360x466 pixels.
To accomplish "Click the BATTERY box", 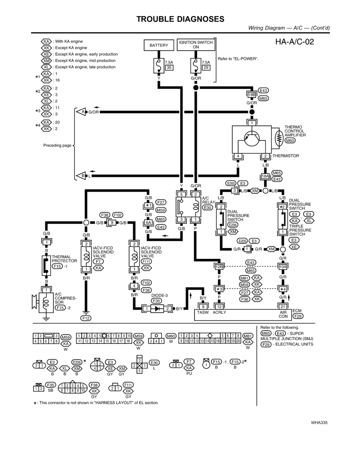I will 159,45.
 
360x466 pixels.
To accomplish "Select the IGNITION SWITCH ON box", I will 196,45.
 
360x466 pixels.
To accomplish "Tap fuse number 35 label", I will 169,67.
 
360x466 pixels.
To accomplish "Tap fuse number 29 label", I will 206,67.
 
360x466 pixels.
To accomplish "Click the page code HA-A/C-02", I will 294,42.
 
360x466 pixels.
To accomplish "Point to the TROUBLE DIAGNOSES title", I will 180,19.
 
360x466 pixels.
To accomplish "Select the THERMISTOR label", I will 285,156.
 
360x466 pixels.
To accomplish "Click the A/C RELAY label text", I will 208,200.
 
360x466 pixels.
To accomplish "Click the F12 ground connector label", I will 86,318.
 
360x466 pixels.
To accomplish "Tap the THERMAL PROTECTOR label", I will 64,259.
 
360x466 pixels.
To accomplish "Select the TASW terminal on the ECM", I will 203,312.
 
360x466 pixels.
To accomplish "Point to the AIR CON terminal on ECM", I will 283,314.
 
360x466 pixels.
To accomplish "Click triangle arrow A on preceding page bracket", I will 81,112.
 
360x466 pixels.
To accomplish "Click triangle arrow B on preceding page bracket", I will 81,176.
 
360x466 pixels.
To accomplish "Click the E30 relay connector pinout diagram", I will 139,365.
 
